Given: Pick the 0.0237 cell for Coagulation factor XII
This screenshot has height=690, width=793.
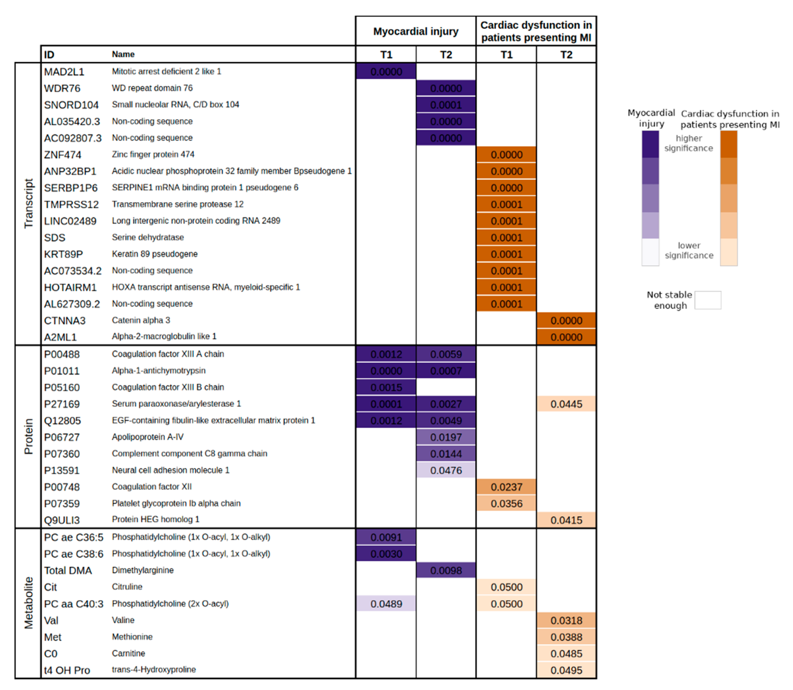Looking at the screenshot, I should [506, 487].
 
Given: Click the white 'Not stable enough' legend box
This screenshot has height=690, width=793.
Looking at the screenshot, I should [708, 300].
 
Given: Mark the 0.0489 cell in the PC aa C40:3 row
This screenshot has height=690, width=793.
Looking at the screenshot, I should [386, 604].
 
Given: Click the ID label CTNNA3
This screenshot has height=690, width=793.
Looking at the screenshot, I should [65, 321].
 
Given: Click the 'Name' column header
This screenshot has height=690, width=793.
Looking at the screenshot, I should [123, 54].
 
